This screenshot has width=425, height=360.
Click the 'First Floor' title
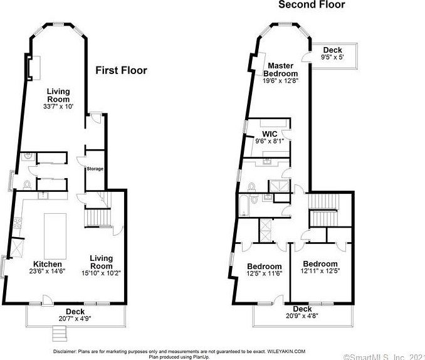click(x=121, y=70)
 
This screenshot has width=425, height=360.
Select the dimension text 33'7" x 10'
click(x=58, y=107)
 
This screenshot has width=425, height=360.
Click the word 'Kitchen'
click(x=30, y=264)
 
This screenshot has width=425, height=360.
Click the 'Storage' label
click(x=95, y=169)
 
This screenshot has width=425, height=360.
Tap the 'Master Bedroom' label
click(x=283, y=70)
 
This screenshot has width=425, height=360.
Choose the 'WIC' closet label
click(x=269, y=134)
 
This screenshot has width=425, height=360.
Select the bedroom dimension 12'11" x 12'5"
click(x=320, y=272)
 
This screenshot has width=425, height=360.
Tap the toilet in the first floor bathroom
click(x=27, y=185)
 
